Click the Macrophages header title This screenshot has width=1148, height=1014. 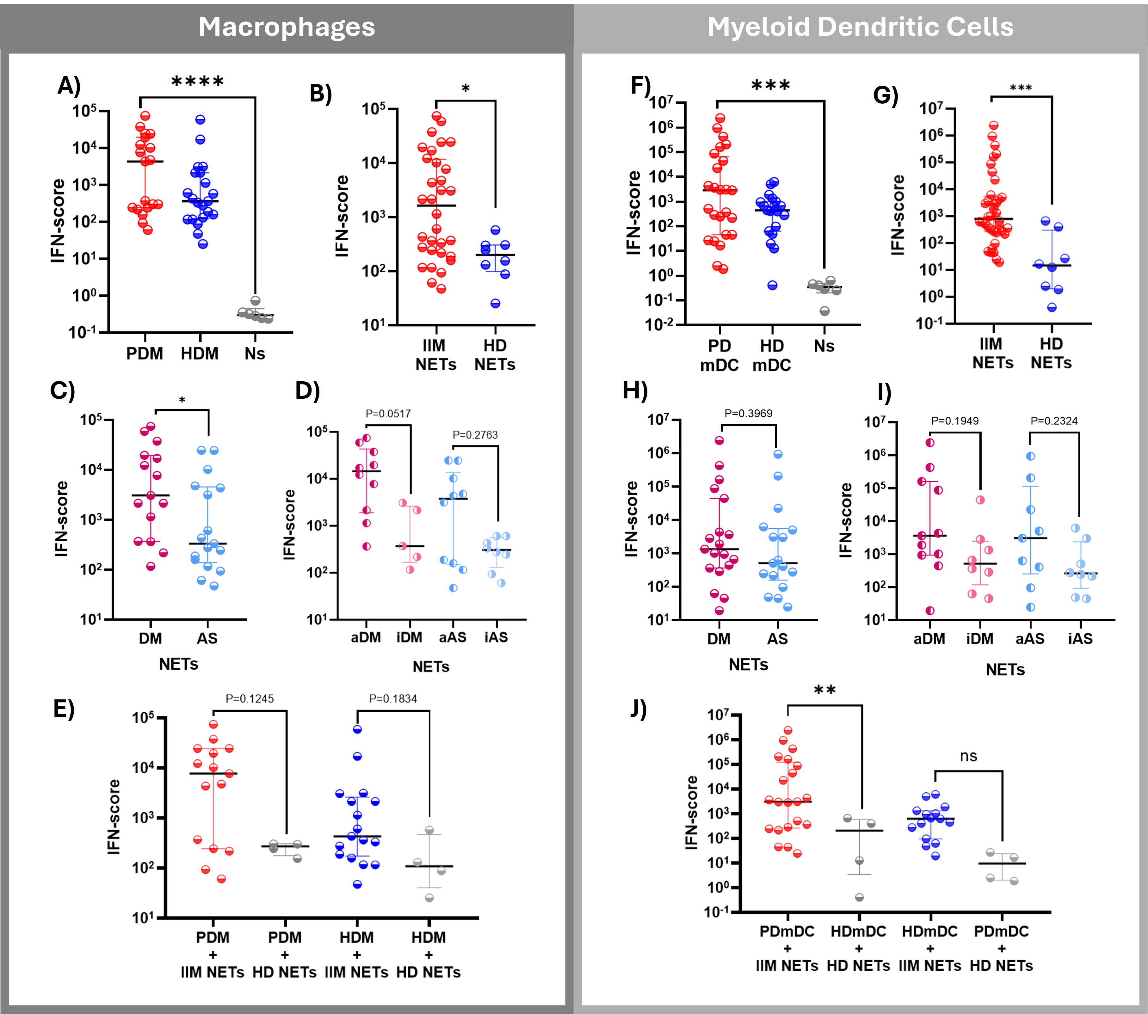coord(287,27)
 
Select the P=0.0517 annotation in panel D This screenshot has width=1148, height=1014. coord(388,414)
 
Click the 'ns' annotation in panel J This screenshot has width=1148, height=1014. coord(968,756)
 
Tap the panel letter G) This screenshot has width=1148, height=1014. coord(886,95)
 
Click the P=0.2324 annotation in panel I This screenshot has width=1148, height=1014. coord(1054,421)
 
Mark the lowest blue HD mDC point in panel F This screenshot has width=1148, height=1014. coord(773,285)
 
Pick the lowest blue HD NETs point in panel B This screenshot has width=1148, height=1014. coord(495,304)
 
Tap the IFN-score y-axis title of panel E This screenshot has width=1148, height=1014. coord(114,817)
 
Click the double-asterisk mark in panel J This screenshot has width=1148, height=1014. coord(824,691)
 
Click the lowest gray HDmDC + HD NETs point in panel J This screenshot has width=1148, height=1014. coord(859,897)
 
